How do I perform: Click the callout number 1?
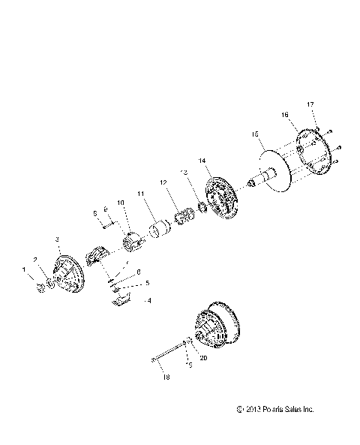[x=23, y=269]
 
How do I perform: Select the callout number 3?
[x=58, y=239]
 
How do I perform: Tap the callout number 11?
[x=140, y=194]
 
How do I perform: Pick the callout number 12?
[x=163, y=182]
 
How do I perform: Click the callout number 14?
[x=202, y=161]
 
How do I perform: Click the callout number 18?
[x=166, y=377]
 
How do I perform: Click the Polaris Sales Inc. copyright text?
[x=275, y=410]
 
